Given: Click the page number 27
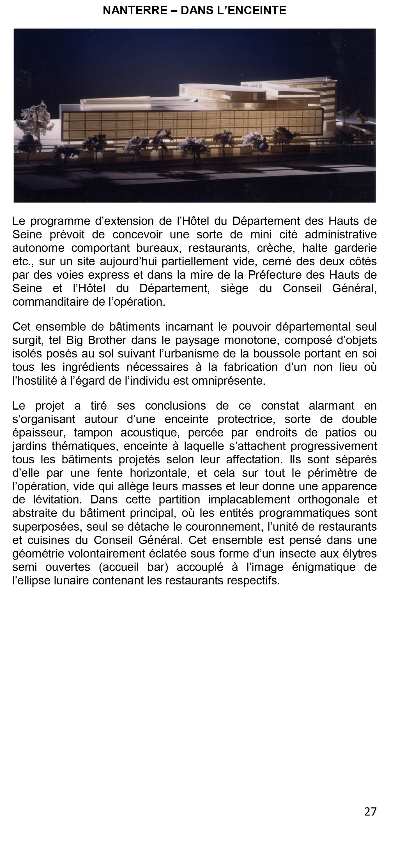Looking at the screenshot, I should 370,811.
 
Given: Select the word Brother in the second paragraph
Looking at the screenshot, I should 106,340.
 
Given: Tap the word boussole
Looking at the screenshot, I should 273,354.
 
